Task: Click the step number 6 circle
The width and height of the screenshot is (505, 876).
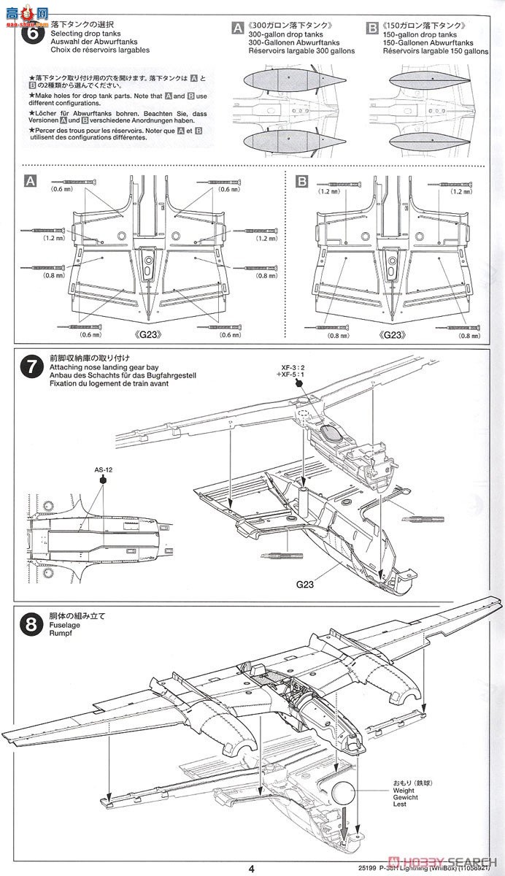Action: click(31, 34)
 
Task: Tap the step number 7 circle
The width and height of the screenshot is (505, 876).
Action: click(31, 367)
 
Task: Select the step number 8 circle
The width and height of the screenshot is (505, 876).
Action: click(31, 625)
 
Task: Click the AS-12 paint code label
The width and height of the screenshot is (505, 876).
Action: click(104, 470)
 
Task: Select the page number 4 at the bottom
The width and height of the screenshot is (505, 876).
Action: click(251, 868)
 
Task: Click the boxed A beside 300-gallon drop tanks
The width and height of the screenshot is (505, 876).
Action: click(237, 28)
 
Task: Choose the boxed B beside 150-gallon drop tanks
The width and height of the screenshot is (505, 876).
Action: click(373, 28)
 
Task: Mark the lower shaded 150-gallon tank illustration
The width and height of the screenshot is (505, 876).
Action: click(425, 140)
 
